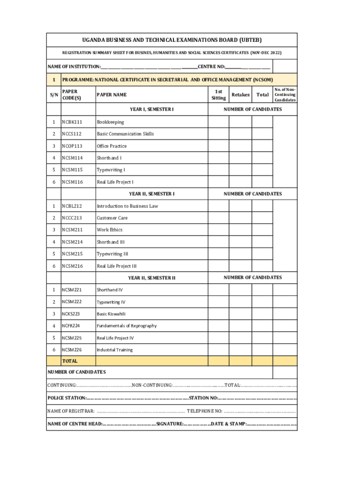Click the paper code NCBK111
[x=72, y=122]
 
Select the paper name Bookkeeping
[x=110, y=122]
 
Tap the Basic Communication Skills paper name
[x=125, y=134]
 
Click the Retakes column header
[x=241, y=95]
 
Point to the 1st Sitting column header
[x=218, y=94]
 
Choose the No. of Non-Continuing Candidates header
[x=285, y=94]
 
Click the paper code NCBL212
[x=72, y=206]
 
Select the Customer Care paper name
[x=112, y=218]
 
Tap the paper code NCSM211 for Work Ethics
[x=72, y=230]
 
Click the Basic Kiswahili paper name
[x=111, y=314]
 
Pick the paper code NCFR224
[x=71, y=326]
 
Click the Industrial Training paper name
[x=114, y=350]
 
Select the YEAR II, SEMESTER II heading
[x=151, y=278]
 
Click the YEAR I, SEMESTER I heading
[x=151, y=109]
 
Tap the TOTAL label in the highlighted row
[x=70, y=361]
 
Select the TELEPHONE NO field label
[x=204, y=412]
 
